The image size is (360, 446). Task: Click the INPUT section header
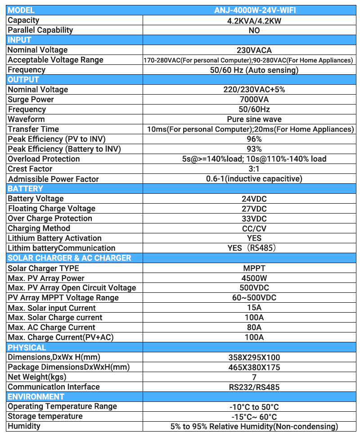pos(20,40)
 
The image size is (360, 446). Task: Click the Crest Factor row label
pos(30,169)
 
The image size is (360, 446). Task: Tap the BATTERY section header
pos(26,189)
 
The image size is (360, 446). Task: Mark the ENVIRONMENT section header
pos(36,397)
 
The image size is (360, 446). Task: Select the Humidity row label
pos(24,426)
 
